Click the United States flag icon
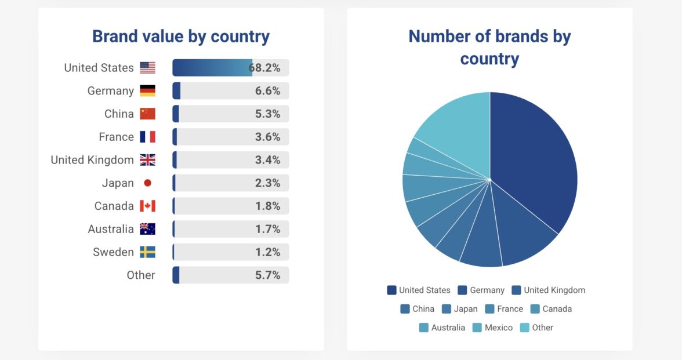pyautogui.click(x=147, y=68)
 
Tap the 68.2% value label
pyautogui.click(x=265, y=68)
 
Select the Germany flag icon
pyautogui.click(x=147, y=91)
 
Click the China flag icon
pyautogui.click(x=147, y=114)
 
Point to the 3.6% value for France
pyautogui.click(x=267, y=137)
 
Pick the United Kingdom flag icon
pyautogui.click(x=147, y=160)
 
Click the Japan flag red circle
pyautogui.click(x=147, y=183)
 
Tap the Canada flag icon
pyautogui.click(x=147, y=206)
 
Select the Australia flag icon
pyautogui.click(x=147, y=229)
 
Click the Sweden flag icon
pyautogui.click(x=147, y=252)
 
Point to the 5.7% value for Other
pyautogui.click(x=267, y=275)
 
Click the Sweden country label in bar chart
pyautogui.click(x=113, y=252)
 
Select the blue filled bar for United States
pyautogui.click(x=212, y=68)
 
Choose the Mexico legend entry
pyautogui.click(x=492, y=328)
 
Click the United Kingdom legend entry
pyautogui.click(x=548, y=290)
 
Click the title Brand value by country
pyautogui.click(x=181, y=37)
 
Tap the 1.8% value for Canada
pyautogui.click(x=267, y=206)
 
